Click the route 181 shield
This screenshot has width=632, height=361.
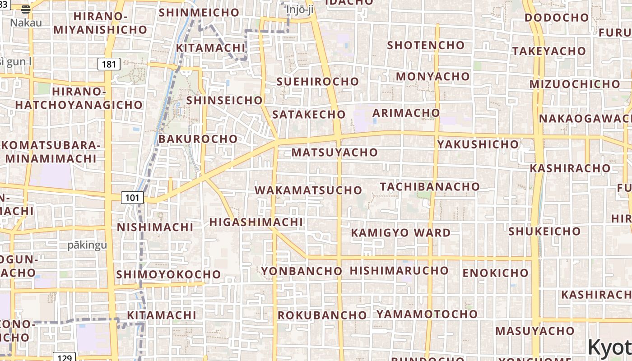(109, 64)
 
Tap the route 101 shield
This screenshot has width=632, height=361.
(132, 197)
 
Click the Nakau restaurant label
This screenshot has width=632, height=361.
(26, 22)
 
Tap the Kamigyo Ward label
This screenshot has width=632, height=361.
(400, 233)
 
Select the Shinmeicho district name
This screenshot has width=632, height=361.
(199, 12)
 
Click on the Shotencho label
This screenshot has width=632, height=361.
(426, 45)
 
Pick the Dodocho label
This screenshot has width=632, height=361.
(557, 18)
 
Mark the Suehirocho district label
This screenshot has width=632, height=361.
(317, 82)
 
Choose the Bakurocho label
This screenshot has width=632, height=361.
(198, 139)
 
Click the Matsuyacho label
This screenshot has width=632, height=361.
(335, 153)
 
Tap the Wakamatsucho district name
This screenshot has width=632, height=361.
(308, 190)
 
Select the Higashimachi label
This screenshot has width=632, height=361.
(256, 222)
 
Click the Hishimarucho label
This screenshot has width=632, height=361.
(399, 270)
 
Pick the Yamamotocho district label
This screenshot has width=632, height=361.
(427, 314)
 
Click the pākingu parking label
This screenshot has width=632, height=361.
(87, 245)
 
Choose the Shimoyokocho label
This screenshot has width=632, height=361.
(168, 274)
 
